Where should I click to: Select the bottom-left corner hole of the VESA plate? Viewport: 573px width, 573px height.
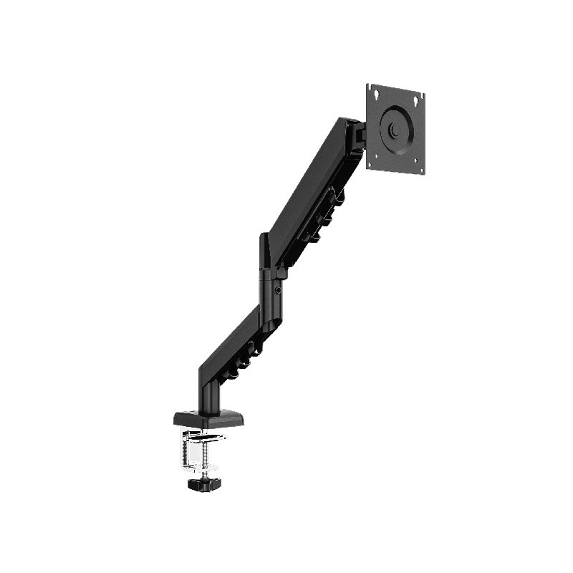pyautogui.click(x=370, y=162)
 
